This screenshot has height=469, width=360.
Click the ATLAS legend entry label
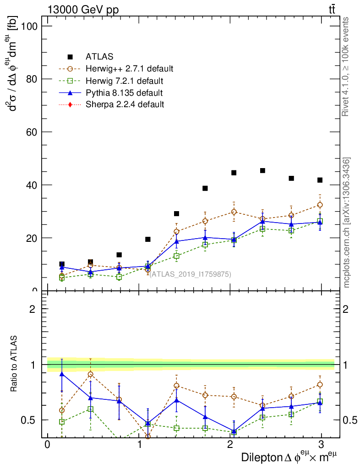pos(99,57)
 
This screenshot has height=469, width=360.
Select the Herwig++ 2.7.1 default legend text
pos(129,69)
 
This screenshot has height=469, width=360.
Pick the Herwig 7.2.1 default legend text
pos(125,81)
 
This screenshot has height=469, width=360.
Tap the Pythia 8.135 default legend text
pos(124,93)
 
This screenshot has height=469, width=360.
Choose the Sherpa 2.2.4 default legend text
pos(125,105)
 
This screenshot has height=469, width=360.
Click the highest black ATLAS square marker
pos(263,170)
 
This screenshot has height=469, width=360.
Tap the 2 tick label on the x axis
pos(230,445)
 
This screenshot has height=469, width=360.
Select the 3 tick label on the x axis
pos(321,445)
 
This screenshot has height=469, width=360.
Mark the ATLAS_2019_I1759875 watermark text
pos(190,274)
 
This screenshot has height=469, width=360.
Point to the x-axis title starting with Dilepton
pos(289,457)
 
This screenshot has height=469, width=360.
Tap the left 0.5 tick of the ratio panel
pos(32,420)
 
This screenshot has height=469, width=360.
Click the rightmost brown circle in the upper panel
pos(320,205)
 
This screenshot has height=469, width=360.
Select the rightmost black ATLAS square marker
pos(320,180)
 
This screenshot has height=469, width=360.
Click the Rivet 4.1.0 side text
pos(346,66)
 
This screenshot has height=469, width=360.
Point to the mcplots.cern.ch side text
pos(347,223)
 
